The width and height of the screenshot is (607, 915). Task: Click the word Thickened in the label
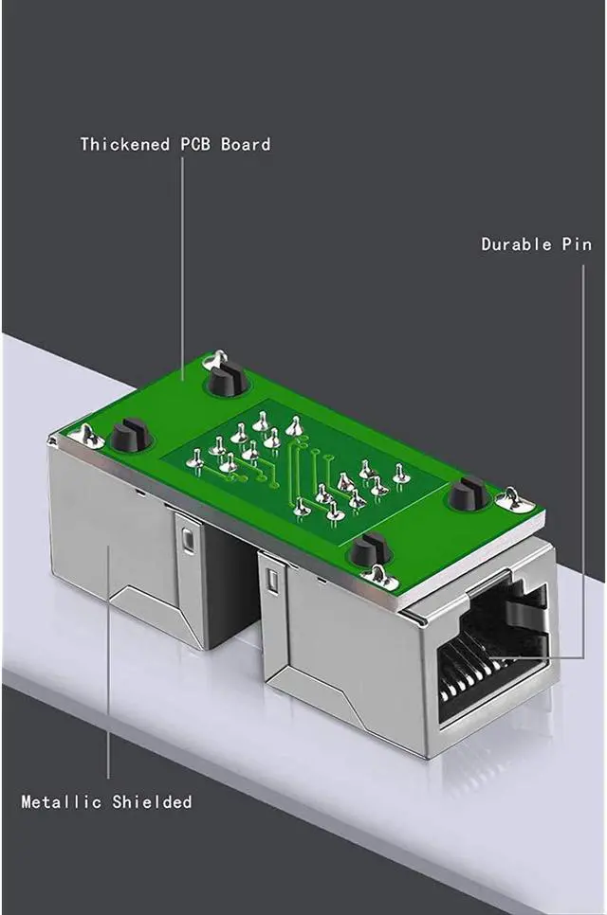(125, 144)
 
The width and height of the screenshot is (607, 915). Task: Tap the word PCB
(195, 144)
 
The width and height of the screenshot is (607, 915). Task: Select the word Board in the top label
(246, 144)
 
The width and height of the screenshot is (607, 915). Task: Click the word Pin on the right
(577, 244)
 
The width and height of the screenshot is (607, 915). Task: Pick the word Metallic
(62, 801)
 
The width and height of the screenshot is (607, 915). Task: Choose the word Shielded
(152, 801)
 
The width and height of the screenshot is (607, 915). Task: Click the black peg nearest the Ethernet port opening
(367, 549)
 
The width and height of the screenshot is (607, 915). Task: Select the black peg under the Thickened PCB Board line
(226, 378)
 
